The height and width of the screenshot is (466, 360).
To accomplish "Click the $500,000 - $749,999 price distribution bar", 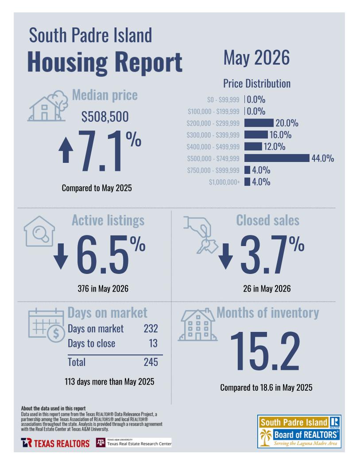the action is (277, 158).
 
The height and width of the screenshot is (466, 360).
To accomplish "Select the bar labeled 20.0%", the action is (259, 123).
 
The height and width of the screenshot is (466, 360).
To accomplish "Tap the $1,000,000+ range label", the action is (224, 182).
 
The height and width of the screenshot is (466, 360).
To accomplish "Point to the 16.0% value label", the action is (280, 135).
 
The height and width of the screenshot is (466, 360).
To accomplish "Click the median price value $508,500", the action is (105, 116).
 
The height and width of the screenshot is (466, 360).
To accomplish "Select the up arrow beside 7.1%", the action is (66, 151).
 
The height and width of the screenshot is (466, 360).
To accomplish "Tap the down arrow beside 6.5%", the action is (61, 256).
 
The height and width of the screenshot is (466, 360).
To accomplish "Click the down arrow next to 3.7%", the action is (226, 256).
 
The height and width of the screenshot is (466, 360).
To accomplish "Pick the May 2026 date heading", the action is (256, 58).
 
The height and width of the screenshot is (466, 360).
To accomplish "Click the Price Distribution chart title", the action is (257, 84).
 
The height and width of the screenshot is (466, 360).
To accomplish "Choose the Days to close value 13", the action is (153, 343).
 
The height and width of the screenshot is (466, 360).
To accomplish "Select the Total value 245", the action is (151, 362).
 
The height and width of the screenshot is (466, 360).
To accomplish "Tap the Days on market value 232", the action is (151, 328).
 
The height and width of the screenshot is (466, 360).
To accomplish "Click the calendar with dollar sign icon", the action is (46, 325).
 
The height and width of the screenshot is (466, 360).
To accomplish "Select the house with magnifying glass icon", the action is (39, 231).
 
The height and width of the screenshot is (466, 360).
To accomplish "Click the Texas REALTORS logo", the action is (55, 443).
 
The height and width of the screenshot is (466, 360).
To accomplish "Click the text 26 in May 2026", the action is (267, 289).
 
